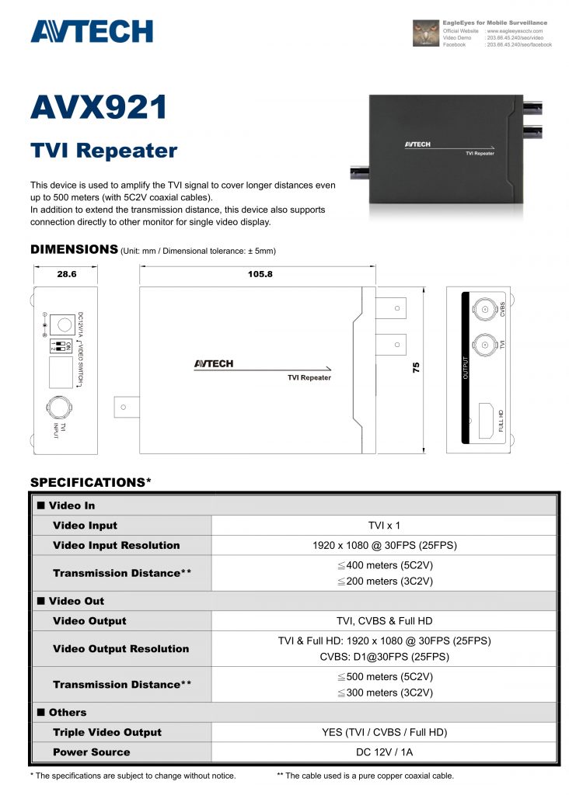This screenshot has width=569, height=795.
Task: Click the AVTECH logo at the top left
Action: coord(91,31)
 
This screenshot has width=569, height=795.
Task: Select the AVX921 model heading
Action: coord(99,107)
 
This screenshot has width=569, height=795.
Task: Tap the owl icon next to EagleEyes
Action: coord(425,33)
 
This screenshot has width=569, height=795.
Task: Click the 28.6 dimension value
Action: coord(65,274)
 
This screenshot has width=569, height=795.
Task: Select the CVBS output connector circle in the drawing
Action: coord(485,310)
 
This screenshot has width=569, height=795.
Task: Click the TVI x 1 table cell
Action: coord(384,526)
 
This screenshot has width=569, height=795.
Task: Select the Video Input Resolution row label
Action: coord(116,545)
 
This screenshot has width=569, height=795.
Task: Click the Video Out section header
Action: coord(76,601)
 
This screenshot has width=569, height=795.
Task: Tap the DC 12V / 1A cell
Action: coord(384,752)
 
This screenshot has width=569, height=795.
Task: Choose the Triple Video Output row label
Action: coord(107,732)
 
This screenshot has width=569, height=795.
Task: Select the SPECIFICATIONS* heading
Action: coord(90,482)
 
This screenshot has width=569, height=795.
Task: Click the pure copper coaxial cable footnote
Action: coord(365,776)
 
